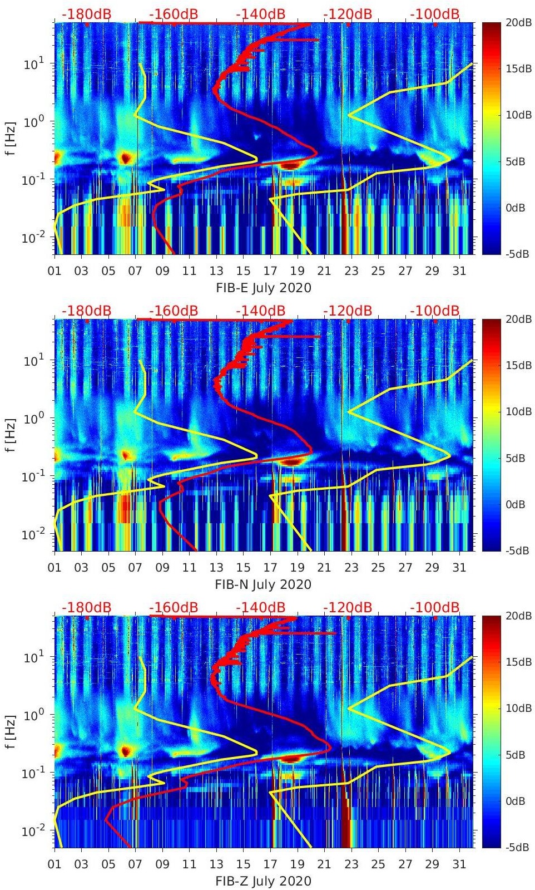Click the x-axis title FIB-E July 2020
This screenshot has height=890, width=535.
pos(263,288)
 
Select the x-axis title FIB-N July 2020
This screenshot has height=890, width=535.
pos(263,584)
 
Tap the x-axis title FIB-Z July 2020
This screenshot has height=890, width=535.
pos(263,881)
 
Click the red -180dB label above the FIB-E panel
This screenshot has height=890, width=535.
pos(86,14)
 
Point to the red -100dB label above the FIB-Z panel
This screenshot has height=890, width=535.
pos(435,607)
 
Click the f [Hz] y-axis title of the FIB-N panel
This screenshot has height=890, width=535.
pos(11,435)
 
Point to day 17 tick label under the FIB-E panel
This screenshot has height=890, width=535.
pos(270,271)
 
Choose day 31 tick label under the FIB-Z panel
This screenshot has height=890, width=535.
pos(459,864)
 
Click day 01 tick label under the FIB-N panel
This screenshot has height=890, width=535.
pos(55,568)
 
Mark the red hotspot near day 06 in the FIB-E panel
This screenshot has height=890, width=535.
pos(126,158)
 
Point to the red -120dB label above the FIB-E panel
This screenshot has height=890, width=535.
pos(348,14)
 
